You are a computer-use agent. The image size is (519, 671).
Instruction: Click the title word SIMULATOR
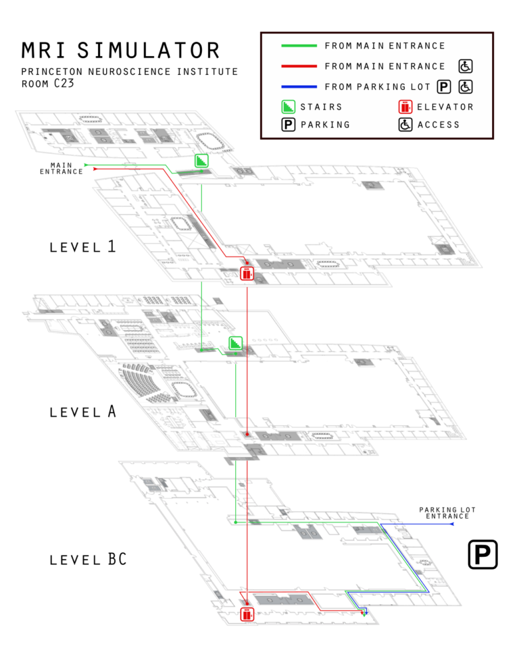tap(149, 50)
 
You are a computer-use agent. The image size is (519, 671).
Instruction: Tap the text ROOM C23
tap(47, 84)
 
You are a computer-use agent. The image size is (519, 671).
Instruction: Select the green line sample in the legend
tap(299, 46)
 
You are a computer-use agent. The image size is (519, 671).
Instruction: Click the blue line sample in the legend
tap(299, 86)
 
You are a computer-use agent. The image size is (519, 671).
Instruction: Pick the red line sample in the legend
tap(299, 66)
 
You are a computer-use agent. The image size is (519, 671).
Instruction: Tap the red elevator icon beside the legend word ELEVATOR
tap(405, 107)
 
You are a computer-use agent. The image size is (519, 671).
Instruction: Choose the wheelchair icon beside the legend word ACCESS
tap(405, 124)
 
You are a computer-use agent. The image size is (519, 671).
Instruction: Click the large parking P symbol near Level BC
tap(483, 554)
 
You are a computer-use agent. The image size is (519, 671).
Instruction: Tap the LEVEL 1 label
tap(83, 246)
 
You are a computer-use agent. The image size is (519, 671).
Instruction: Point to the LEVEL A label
tap(83, 411)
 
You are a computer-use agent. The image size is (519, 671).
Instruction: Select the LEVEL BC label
tap(88, 560)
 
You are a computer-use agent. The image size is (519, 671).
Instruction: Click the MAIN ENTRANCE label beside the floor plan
tap(61, 168)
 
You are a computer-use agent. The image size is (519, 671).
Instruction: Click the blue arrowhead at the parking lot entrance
tap(451, 524)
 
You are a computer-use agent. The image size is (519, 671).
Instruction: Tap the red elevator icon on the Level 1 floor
tap(247, 273)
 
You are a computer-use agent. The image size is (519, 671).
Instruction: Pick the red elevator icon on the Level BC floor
tap(247, 614)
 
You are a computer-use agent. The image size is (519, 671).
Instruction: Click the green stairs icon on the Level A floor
tap(235, 344)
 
